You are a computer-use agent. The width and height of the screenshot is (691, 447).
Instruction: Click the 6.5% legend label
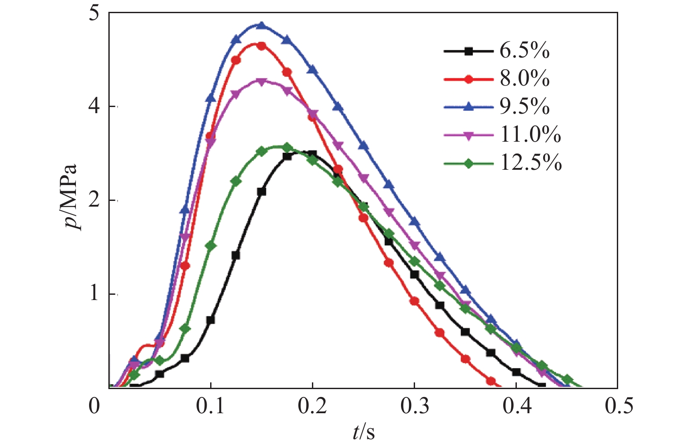coord(524,51)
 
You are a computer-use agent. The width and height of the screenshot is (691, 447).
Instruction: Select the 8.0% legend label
coord(524,79)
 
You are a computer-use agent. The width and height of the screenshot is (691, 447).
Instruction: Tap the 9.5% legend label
coord(524,107)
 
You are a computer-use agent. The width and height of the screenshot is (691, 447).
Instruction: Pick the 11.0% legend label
coord(530,134)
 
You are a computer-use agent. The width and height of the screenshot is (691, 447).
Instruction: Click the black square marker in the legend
coord(469,51)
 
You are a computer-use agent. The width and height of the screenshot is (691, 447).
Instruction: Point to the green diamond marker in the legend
coord(469,163)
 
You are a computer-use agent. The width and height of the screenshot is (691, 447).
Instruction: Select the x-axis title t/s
coord(364,432)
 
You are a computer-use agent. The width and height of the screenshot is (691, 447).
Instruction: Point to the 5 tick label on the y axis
coord(94,13)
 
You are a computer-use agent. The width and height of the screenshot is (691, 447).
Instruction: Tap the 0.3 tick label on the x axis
coord(414,406)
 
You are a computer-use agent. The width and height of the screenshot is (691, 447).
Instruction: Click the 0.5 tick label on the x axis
coord(619,406)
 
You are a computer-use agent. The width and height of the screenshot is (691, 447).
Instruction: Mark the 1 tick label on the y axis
coord(94,293)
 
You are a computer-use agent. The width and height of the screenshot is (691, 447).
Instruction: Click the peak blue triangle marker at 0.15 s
coord(261,25)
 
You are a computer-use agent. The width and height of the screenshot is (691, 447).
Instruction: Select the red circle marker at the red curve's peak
coord(261,46)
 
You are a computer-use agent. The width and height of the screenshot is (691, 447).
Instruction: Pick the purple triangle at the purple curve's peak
coord(261,82)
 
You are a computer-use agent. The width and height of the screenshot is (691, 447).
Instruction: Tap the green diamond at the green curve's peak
coord(287,147)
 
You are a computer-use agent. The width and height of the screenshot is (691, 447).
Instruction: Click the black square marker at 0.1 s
coord(211,320)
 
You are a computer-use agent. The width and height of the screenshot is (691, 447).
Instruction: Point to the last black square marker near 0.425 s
coord(541,386)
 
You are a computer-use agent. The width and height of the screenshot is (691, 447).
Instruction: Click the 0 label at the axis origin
coord(94,406)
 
